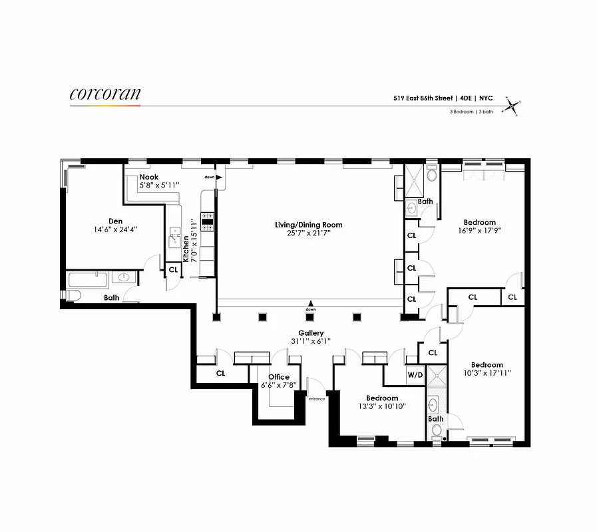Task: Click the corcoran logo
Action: pyautogui.click(x=105, y=94)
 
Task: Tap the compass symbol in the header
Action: pyautogui.click(x=511, y=105)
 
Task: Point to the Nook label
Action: pyautogui.click(x=148, y=178)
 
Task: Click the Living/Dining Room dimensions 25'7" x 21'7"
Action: pyautogui.click(x=303, y=233)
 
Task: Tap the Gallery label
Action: pyautogui.click(x=311, y=333)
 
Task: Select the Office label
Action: pyautogui.click(x=278, y=377)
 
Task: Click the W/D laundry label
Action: pyautogui.click(x=415, y=375)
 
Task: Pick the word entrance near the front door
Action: pyautogui.click(x=316, y=398)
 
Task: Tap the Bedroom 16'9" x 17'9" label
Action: pyautogui.click(x=479, y=222)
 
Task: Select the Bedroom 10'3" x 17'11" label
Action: pyautogui.click(x=487, y=364)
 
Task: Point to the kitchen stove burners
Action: pyautogui.click(x=207, y=221)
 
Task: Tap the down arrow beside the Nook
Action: pyautogui.click(x=218, y=177)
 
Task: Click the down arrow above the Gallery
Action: pyautogui.click(x=311, y=304)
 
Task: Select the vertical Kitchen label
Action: pyautogui.click(x=187, y=249)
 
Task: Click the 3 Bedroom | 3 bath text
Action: pyautogui.click(x=471, y=112)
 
